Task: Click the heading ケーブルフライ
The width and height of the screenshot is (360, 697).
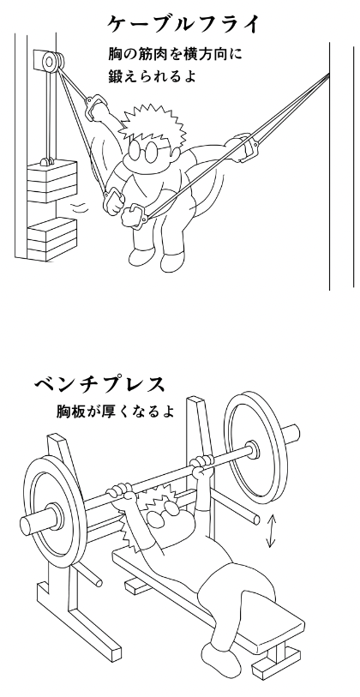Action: point(183,25)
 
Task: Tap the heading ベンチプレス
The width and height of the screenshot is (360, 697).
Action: point(99,385)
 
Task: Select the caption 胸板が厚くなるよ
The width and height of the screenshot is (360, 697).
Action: point(115,411)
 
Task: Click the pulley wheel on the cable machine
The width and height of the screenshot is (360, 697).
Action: point(51,61)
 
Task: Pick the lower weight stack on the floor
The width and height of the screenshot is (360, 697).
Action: point(51,239)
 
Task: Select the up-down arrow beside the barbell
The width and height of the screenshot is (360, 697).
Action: point(271,531)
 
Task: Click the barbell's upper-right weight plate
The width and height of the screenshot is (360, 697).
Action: point(255,448)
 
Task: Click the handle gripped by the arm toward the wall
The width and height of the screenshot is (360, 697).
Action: point(244,147)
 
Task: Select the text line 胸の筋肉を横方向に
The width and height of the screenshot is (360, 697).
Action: point(176,55)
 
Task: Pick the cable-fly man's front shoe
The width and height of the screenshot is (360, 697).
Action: point(173,261)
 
